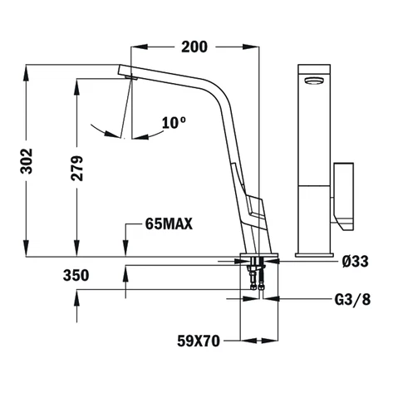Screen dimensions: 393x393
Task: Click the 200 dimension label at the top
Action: point(194,47)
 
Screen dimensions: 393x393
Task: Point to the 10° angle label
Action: point(174,123)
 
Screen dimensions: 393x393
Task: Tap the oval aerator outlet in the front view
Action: point(313,79)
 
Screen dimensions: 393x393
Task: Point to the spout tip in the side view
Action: point(127,75)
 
